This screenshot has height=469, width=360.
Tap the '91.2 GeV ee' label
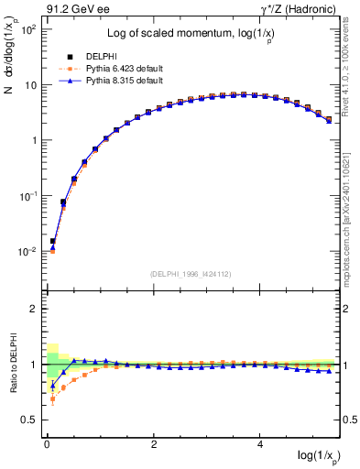click(x=72, y=8)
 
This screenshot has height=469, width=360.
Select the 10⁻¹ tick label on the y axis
click(x=27, y=196)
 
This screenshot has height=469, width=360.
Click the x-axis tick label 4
click(x=261, y=444)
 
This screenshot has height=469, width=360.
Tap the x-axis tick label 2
click(x=154, y=444)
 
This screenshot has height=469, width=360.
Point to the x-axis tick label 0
click(x=47, y=444)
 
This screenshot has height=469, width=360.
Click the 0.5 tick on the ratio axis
click(x=27, y=420)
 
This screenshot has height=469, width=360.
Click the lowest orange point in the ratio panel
click(x=52, y=398)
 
